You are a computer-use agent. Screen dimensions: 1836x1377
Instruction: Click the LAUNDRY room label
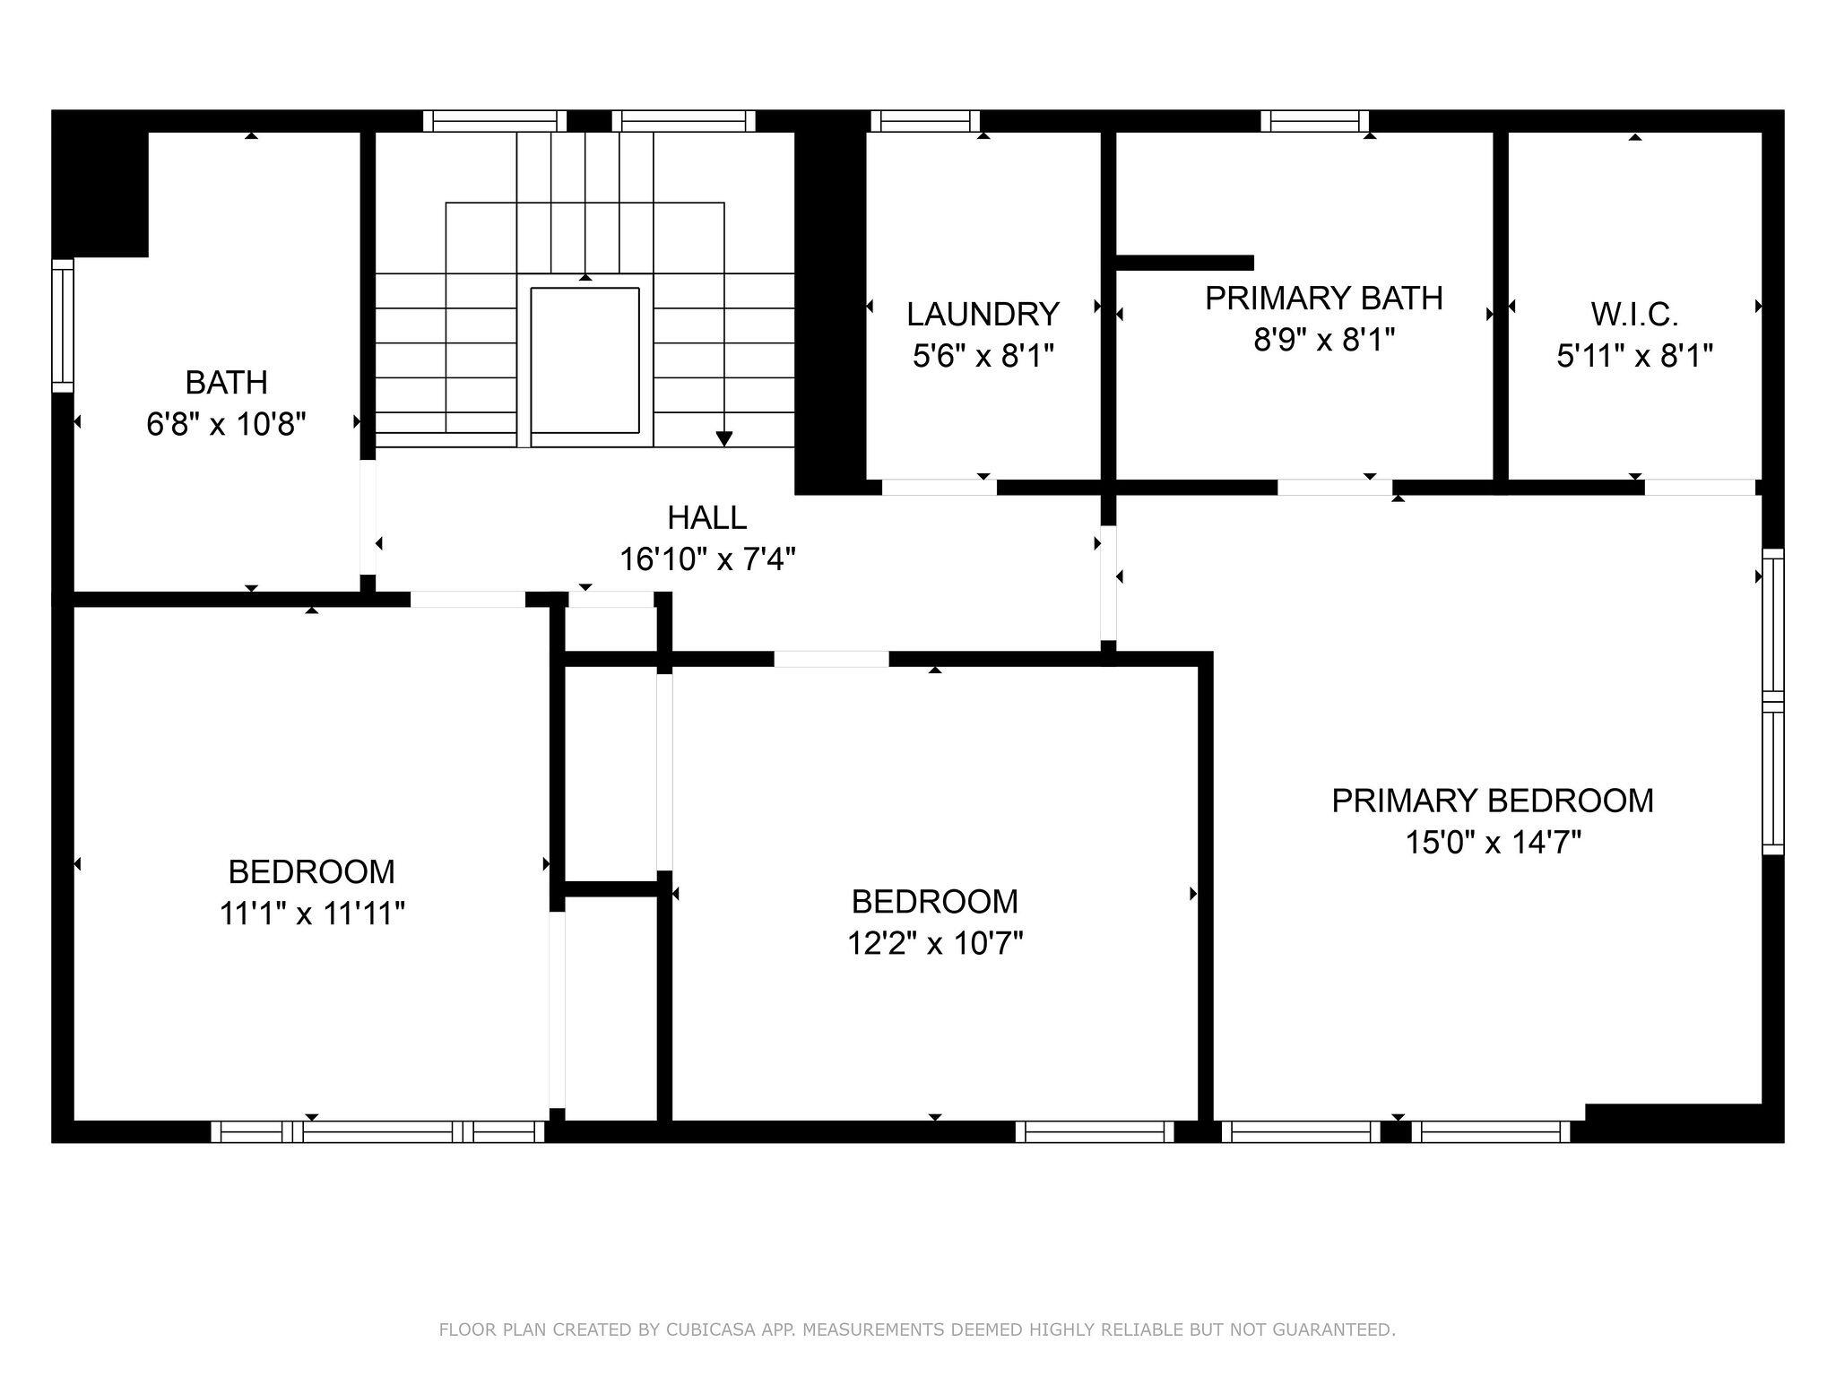coord(983,314)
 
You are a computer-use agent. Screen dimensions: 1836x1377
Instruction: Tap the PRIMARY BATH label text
coord(1323,299)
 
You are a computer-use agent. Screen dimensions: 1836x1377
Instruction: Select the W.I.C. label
coord(1634,314)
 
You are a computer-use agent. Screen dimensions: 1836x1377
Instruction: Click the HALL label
coord(706,517)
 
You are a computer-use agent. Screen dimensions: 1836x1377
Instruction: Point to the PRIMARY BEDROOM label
coord(1492,801)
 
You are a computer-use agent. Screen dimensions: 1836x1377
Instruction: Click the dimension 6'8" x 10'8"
coord(227,424)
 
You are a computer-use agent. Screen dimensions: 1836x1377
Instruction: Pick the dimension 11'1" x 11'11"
coord(312,914)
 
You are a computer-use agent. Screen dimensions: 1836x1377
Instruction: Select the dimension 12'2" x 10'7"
coord(935,943)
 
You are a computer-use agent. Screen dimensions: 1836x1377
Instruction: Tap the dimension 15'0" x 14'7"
coord(1493,843)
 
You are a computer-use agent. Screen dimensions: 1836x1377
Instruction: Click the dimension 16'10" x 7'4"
coord(707,559)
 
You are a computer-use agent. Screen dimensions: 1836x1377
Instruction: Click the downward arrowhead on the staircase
coord(724,438)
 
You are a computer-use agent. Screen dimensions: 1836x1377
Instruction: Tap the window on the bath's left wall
coord(62,325)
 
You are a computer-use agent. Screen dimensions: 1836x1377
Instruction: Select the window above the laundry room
coord(924,121)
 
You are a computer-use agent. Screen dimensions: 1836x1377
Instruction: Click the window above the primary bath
coord(1314,121)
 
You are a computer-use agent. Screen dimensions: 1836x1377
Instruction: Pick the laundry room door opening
coord(939,487)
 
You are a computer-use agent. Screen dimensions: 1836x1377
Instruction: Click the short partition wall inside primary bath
coord(1184,263)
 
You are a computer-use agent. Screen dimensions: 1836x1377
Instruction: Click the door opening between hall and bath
coord(368,516)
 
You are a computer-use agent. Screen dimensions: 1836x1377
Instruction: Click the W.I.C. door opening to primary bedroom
coord(1699,487)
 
